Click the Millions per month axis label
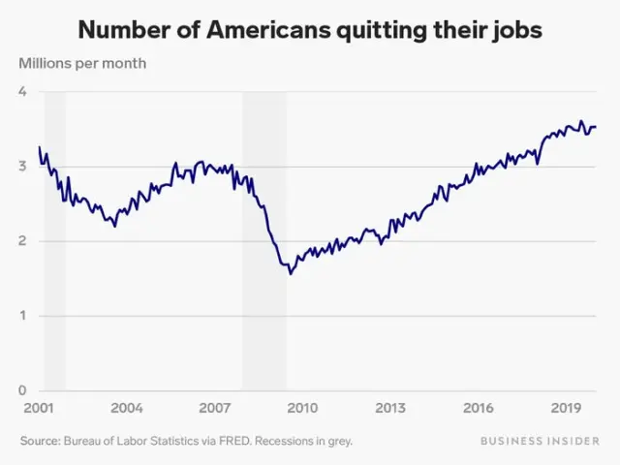[82, 64]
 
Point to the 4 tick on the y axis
[23, 92]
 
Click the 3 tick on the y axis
[23, 167]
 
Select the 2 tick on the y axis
[23, 241]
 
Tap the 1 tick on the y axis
[23, 316]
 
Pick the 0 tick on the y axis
[23, 390]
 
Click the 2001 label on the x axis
[39, 409]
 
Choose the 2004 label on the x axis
[127, 409]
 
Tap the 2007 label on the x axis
[214, 409]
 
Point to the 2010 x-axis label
[302, 409]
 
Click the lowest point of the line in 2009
[290, 274]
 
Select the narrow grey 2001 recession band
[55, 241]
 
